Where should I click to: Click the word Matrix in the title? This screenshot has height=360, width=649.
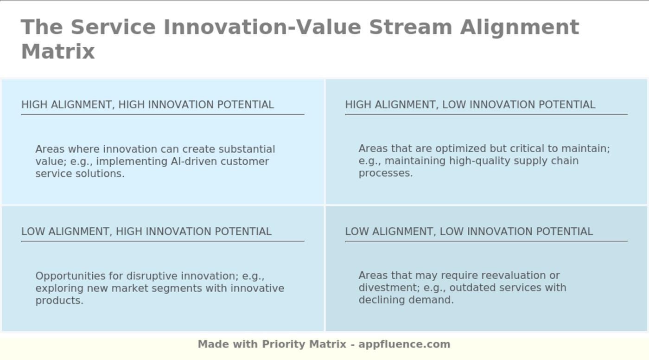point(58,51)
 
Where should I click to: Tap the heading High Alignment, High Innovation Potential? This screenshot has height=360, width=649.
point(147,105)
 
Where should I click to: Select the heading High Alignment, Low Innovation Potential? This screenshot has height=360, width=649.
point(470,105)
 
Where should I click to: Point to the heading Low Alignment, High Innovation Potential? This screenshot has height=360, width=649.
point(146,231)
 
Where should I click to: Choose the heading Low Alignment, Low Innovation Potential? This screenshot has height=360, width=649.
point(469,231)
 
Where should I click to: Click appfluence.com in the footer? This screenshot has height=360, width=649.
point(404,344)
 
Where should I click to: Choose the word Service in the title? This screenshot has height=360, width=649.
point(113,27)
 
